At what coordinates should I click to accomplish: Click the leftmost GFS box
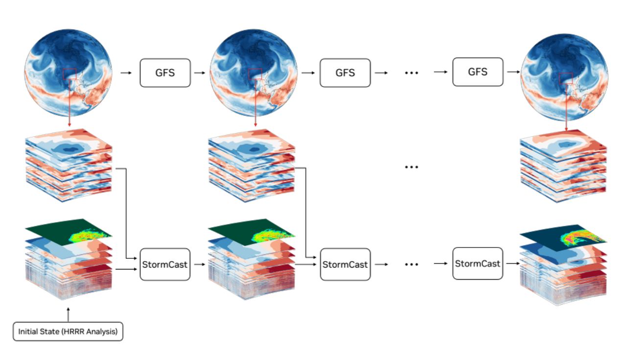[165, 73]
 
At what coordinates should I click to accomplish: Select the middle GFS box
[345, 73]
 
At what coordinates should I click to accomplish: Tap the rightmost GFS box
[478, 72]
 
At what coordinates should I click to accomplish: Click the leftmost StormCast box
[165, 265]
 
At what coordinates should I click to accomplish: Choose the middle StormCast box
[345, 265]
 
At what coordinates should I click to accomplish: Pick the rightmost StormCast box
[478, 264]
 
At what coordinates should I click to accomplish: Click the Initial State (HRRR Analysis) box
[68, 332]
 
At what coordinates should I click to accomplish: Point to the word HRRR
[73, 332]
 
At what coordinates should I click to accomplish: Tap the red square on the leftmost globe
[69, 75]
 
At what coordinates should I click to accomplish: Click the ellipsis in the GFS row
[412, 73]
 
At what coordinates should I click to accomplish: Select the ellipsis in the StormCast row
[412, 265]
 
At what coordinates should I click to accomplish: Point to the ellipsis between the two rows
[412, 167]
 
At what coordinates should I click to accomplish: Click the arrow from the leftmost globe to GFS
[126, 73]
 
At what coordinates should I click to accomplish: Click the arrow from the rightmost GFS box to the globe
[512, 72]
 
